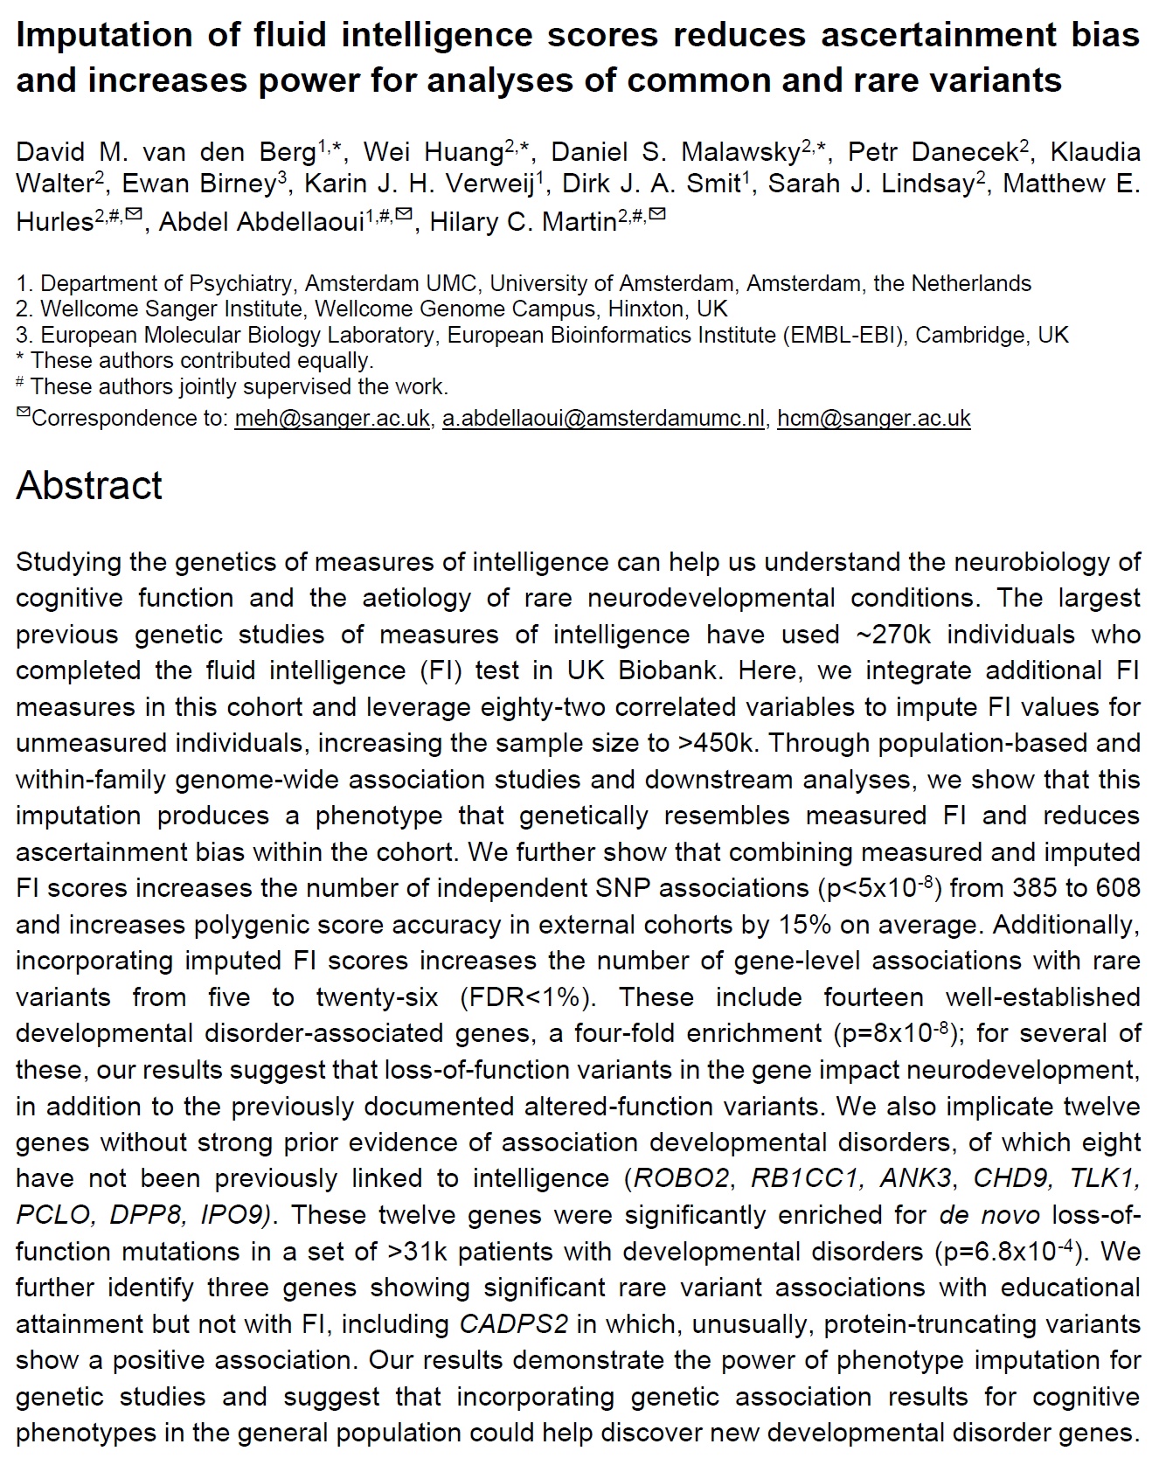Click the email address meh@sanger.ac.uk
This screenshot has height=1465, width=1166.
click(x=332, y=419)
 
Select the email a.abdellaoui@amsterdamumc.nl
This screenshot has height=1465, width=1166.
click(x=603, y=419)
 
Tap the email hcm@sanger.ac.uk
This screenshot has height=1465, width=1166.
click(x=873, y=419)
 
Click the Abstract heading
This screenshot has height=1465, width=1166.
click(x=89, y=485)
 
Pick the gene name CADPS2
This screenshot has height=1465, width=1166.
click(x=514, y=1324)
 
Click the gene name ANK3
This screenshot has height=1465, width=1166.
click(x=913, y=1178)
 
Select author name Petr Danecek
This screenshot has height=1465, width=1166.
click(x=933, y=152)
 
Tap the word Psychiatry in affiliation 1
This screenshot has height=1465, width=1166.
click(x=236, y=284)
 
